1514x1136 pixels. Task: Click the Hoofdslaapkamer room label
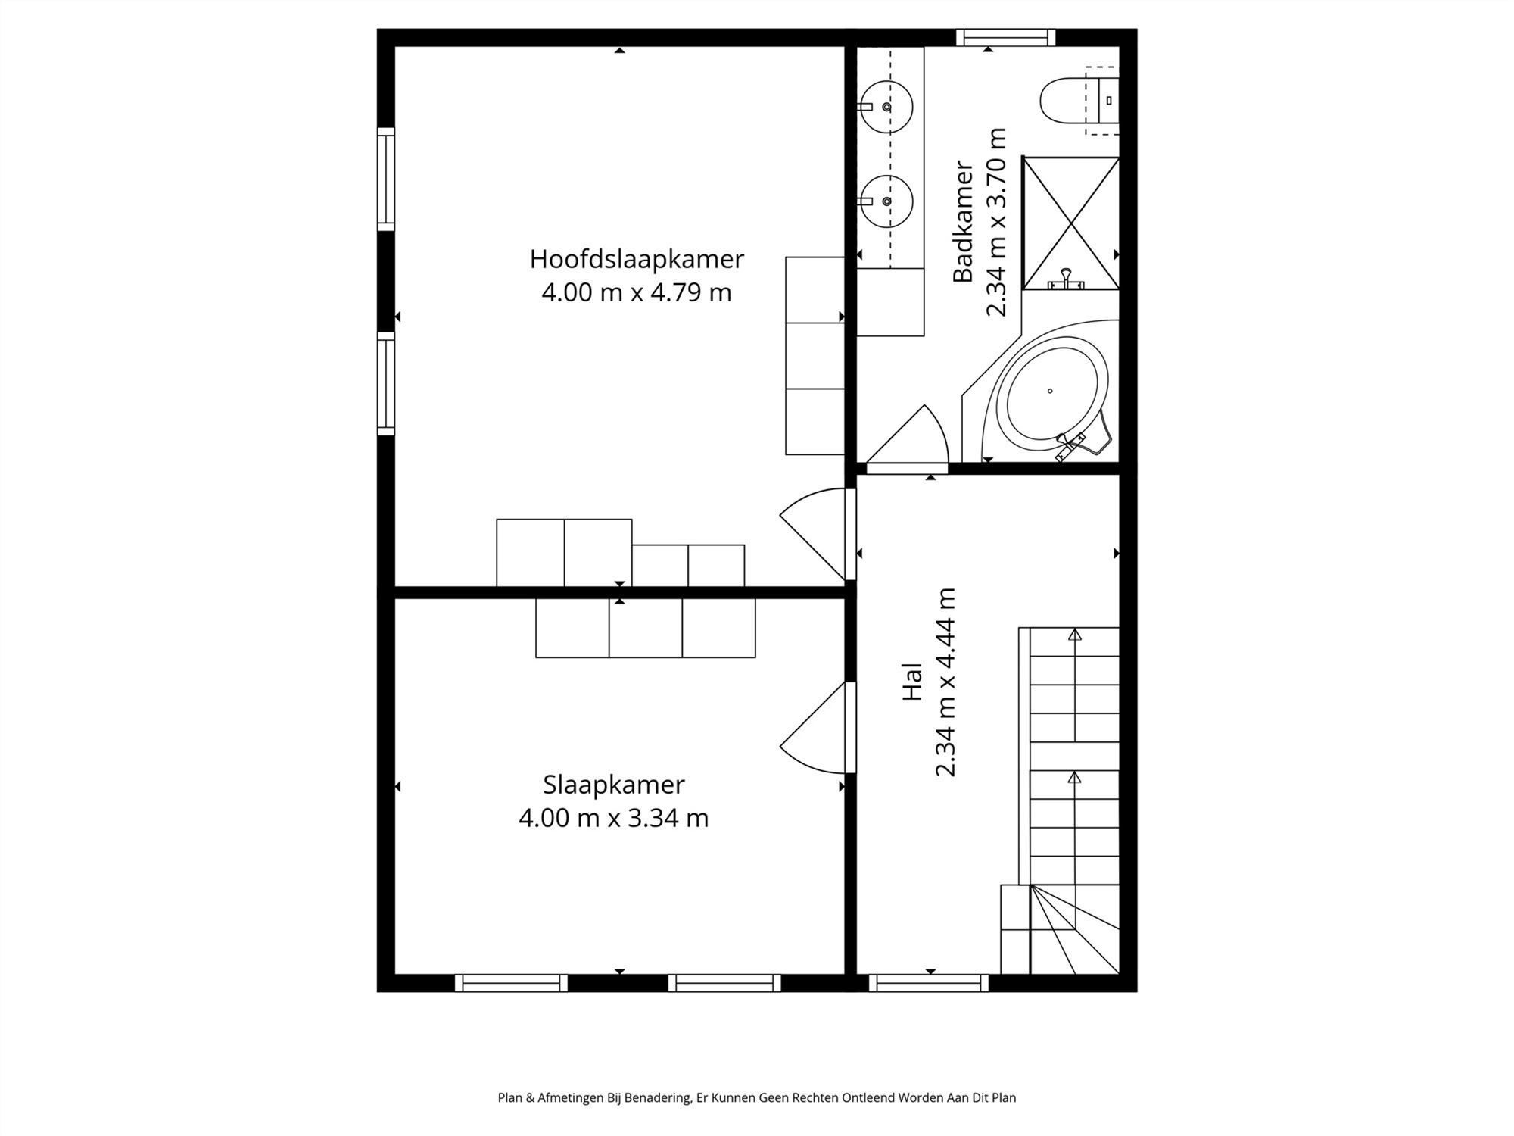[637, 259]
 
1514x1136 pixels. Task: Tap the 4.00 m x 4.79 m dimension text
[637, 292]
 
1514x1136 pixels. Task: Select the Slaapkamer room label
[614, 785]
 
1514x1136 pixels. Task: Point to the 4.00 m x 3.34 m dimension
[614, 819]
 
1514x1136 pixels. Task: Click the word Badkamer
[963, 221]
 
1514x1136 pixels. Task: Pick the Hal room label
[913, 682]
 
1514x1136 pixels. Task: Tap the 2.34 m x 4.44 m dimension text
[946, 682]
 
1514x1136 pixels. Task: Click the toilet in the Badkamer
[1079, 101]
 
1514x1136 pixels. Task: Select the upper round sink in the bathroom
[885, 107]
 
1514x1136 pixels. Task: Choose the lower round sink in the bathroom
[885, 201]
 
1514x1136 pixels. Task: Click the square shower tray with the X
[1070, 223]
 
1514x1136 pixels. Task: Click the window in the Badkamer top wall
[1005, 37]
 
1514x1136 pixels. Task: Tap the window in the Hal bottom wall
[929, 983]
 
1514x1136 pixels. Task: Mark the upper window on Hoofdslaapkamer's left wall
[386, 179]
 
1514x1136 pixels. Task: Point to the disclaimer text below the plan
[757, 1097]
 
